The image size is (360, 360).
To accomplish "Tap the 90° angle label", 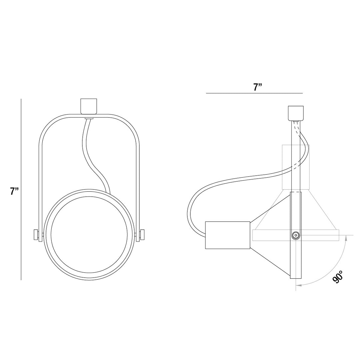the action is (x=338, y=277).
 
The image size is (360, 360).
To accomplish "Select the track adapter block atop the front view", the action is (x=89, y=106).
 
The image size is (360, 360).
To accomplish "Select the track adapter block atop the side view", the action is (x=296, y=113).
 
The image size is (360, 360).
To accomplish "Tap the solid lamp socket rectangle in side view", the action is (x=228, y=235).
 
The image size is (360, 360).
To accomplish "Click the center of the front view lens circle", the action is (x=89, y=235).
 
